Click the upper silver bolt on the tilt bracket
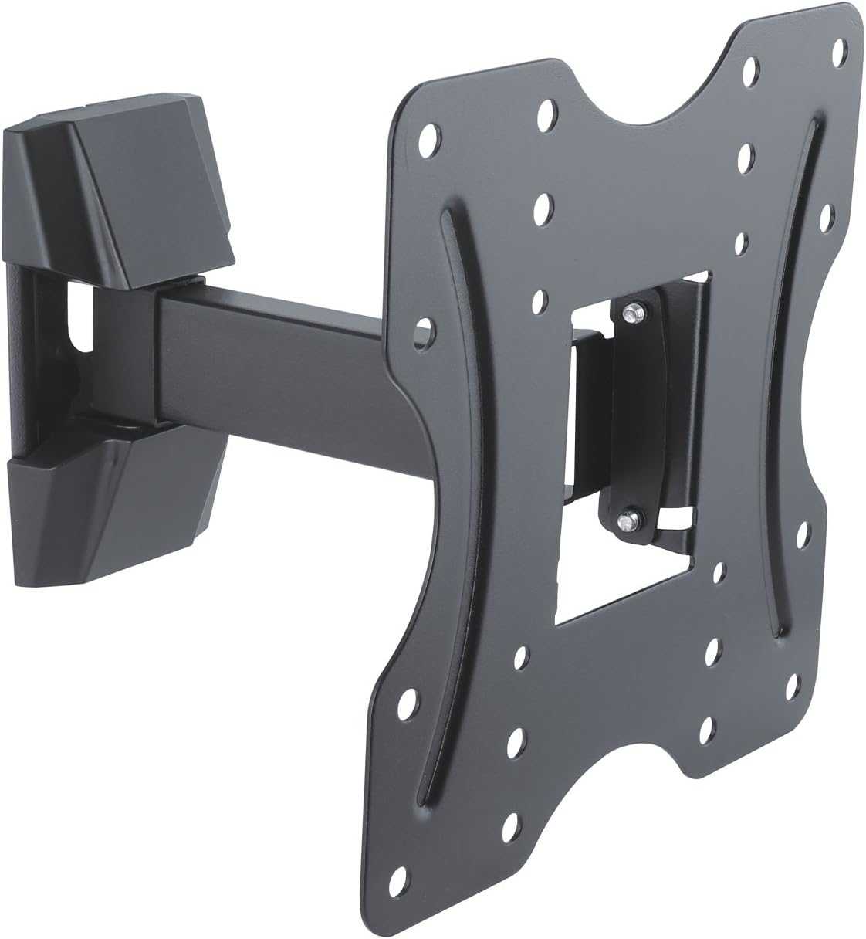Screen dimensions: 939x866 (x=634, y=312)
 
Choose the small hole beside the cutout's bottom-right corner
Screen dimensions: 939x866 (x=719, y=571)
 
